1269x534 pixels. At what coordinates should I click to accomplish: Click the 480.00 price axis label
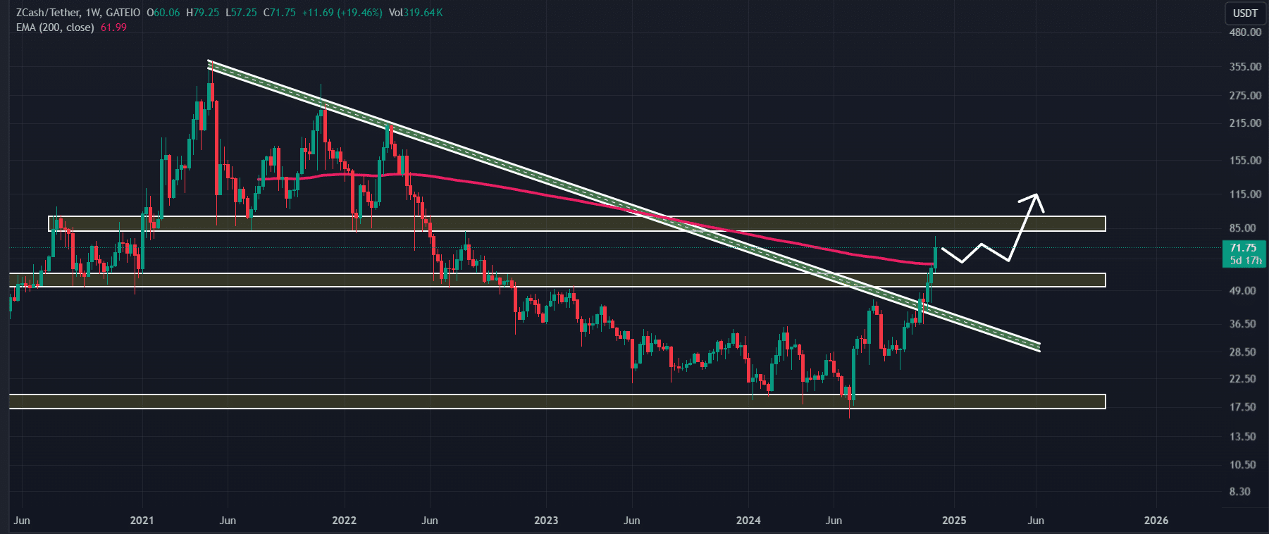(x=1245, y=32)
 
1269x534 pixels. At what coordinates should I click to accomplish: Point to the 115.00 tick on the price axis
(x=1245, y=194)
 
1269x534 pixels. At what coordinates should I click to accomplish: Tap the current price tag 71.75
(x=1243, y=248)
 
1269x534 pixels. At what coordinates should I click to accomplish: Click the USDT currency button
(x=1245, y=13)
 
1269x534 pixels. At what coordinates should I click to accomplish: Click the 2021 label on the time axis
(x=142, y=521)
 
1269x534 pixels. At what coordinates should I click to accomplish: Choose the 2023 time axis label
(x=546, y=521)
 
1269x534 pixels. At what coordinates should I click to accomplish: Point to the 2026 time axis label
(x=1156, y=521)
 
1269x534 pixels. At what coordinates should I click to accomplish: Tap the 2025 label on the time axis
(x=954, y=521)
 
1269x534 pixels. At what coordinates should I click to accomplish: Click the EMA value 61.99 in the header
(x=113, y=27)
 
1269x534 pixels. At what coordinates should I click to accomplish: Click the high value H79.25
(x=202, y=13)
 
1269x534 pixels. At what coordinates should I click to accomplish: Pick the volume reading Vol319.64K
(x=416, y=13)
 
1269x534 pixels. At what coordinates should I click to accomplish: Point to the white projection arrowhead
(x=1035, y=197)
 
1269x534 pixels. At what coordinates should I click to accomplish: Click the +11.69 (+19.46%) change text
(x=342, y=13)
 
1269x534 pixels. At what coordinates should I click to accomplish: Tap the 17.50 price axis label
(x=1243, y=407)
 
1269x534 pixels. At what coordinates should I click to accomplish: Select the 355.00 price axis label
(x=1245, y=67)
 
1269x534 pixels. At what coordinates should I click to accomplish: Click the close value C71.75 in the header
(x=279, y=13)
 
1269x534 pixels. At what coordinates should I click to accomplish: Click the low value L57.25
(x=241, y=13)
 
